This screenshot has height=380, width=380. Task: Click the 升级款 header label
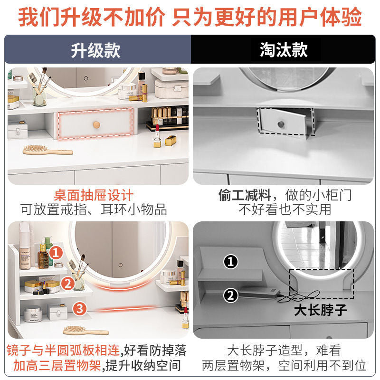pos(96,50)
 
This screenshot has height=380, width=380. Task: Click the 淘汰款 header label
pos(284,50)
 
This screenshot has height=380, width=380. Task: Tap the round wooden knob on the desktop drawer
pos(96,125)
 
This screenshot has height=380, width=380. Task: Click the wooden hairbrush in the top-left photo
pos(48,150)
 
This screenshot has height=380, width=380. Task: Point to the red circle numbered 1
pos(56,253)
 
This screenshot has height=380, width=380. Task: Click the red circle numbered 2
pos(67,283)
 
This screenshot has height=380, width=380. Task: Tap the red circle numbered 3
pos(80,309)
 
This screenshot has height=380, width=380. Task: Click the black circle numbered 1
pos(231,262)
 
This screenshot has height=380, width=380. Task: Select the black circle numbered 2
pos(230,295)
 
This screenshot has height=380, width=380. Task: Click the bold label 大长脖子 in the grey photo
pos(320,310)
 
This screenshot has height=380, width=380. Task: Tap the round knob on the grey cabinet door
pos(281,124)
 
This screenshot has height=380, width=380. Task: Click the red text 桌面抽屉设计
pos(94,195)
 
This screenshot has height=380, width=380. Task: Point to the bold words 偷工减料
pos(245,195)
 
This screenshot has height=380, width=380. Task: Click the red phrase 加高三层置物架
pos(57,365)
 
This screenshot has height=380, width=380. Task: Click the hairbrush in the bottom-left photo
pos(86,331)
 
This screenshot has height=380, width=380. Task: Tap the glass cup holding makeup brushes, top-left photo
pos(39,96)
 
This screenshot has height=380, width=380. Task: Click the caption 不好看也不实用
pos(285,209)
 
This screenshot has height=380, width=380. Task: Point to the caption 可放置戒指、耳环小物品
pos(94,209)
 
